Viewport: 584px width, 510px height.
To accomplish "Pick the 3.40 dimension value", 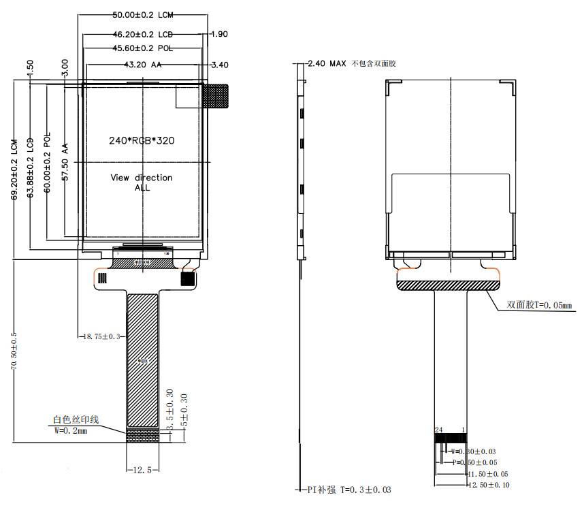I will tap(220, 65).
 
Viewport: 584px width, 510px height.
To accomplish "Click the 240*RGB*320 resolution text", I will tap(142, 141).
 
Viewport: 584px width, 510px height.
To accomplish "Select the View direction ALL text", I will tap(142, 182).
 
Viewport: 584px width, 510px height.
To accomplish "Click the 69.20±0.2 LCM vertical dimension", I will tap(14, 170).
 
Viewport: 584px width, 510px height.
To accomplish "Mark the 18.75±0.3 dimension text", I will tap(101, 336).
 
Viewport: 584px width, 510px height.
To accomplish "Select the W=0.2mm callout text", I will tap(71, 431).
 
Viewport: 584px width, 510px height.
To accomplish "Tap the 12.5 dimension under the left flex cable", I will tap(142, 470).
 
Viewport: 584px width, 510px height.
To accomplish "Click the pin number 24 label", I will tap(439, 430).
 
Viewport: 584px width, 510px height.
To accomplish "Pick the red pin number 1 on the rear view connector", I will tap(464, 430).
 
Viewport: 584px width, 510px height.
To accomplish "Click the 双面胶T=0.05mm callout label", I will tap(540, 305).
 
